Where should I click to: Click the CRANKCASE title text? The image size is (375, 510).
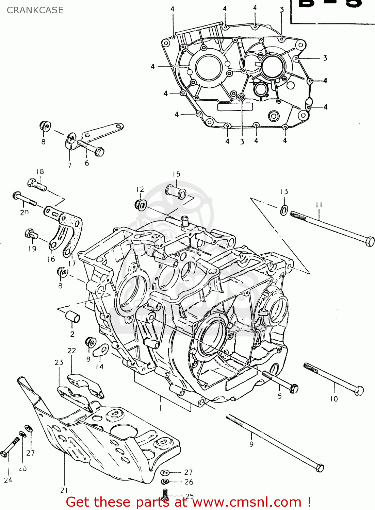(35, 10)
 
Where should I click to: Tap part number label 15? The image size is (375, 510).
(176, 174)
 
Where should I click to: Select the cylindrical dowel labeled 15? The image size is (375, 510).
(176, 192)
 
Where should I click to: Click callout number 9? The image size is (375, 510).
(251, 444)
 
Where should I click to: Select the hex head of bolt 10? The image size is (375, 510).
(359, 391)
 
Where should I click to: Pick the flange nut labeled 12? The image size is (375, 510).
(140, 205)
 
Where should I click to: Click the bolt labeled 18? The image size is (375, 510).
(36, 185)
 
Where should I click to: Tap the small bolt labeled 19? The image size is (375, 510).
(31, 234)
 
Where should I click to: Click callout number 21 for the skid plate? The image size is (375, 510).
(64, 490)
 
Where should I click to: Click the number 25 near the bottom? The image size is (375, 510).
(190, 496)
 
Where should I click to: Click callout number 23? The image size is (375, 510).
(59, 362)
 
